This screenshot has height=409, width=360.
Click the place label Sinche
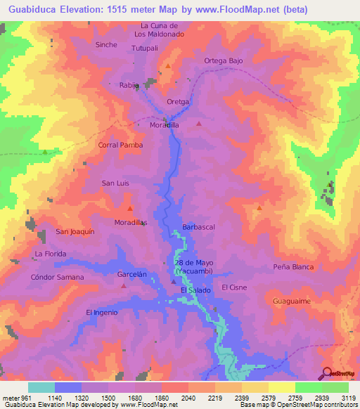click(105, 44)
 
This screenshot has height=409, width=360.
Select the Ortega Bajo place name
click(224, 60)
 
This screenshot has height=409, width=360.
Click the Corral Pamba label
click(121, 145)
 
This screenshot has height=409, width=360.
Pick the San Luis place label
click(116, 183)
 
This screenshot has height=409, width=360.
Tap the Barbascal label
click(198, 227)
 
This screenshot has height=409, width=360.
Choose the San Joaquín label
click(75, 231)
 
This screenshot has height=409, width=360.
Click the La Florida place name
click(50, 253)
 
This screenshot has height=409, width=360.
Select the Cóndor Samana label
click(57, 277)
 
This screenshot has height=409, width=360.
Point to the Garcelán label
click(131, 275)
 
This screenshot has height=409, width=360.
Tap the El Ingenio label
click(101, 312)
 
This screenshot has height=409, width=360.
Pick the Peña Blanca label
click(293, 267)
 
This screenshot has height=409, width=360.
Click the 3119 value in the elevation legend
click(349, 398)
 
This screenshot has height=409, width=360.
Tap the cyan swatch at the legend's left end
click(41, 387)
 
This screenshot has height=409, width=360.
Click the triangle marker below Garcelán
click(124, 285)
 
